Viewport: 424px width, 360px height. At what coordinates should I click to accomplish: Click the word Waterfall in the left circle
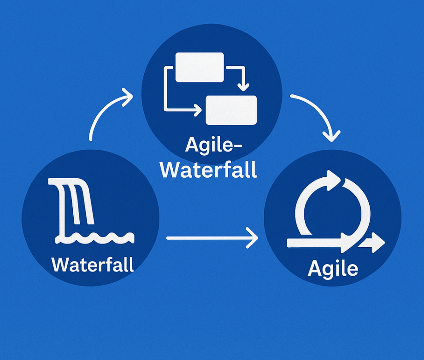click(93, 265)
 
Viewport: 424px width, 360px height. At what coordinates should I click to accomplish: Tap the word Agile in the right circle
click(333, 268)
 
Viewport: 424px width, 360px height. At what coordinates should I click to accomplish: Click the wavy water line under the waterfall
click(94, 238)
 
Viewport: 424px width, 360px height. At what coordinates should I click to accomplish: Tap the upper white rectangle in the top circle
click(200, 67)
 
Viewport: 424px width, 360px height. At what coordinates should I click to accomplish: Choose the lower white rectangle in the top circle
click(231, 110)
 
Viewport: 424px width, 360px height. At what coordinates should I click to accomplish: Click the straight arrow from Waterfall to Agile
click(212, 238)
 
